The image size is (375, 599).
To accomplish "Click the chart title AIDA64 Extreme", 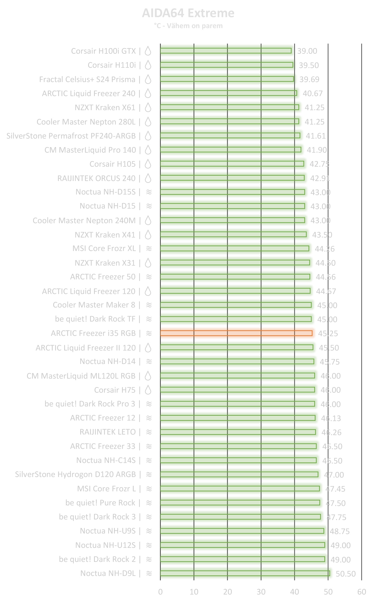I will pyautogui.click(x=188, y=13).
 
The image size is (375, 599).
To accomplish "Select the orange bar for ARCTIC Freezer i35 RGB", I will pyautogui.click(x=236, y=333).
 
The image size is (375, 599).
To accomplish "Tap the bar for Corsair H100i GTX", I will pyautogui.click(x=226, y=51).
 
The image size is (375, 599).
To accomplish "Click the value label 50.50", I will pyautogui.click(x=345, y=574).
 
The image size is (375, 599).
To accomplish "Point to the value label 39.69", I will pyautogui.click(x=309, y=79).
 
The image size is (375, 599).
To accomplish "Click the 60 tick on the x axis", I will pyautogui.click(x=361, y=592).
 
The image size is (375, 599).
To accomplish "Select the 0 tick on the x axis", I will pyautogui.click(x=160, y=592).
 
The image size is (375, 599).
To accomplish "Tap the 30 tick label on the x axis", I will pyautogui.click(x=261, y=592).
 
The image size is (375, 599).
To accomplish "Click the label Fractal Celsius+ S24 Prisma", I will pyautogui.click(x=87, y=79).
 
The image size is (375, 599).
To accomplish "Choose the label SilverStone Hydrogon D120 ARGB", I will pyautogui.click(x=75, y=474).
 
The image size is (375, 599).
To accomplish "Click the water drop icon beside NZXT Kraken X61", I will pyautogui.click(x=148, y=107).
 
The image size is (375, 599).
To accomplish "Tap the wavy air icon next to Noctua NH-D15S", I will pyautogui.click(x=149, y=192).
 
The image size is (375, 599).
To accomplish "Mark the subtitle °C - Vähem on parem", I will pyautogui.click(x=188, y=26).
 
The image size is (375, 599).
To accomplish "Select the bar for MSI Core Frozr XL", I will pyautogui.click(x=235, y=248).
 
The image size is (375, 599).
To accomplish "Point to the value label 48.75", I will pyautogui.click(x=340, y=531).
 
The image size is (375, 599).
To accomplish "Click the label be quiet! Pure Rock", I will pyautogui.click(x=100, y=503).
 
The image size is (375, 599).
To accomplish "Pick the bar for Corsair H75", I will pyautogui.click(x=237, y=390).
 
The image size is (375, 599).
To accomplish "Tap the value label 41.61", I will pyautogui.click(x=316, y=136).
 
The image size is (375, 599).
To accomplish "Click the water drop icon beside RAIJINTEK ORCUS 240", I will pyautogui.click(x=148, y=178).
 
